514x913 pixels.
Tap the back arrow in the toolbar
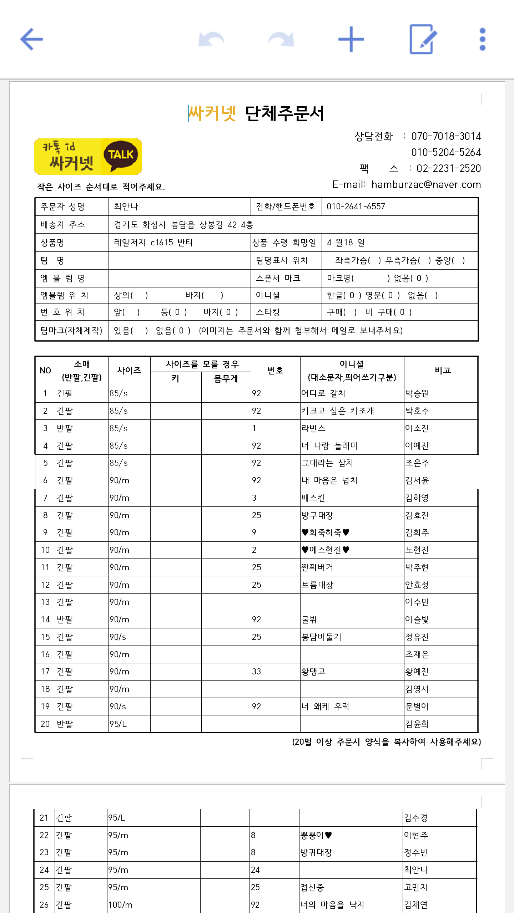point(31,39)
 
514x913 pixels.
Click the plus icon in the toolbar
point(351,39)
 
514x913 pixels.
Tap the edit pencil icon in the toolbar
point(422,39)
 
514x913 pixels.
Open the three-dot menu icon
point(482,39)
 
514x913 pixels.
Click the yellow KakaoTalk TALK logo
point(121,156)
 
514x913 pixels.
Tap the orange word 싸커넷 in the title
point(212,114)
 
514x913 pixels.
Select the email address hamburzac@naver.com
point(426,184)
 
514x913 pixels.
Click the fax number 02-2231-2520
point(449,168)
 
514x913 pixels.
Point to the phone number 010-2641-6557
point(356,206)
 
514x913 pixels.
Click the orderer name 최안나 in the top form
point(126,206)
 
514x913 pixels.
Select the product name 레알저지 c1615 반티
point(153,243)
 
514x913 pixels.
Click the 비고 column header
point(443,371)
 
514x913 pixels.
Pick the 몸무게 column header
point(226,378)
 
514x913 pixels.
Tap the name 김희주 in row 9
point(417,532)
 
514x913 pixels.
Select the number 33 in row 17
point(257,672)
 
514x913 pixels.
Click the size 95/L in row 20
point(118,724)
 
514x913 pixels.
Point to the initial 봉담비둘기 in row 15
point(321,637)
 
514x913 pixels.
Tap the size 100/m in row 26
point(120,905)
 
